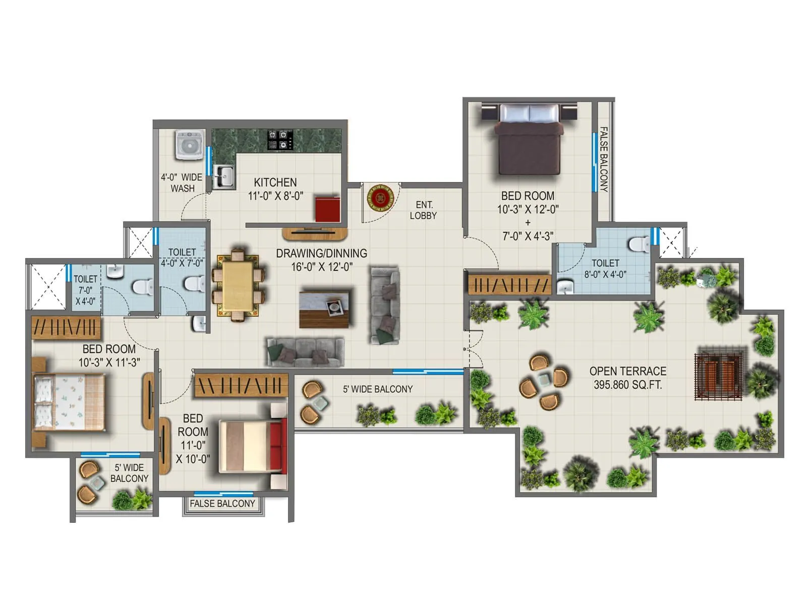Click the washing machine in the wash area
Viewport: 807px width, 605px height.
(x=190, y=145)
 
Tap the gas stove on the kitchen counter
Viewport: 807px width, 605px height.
(x=280, y=140)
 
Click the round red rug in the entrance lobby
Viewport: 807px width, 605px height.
(x=380, y=198)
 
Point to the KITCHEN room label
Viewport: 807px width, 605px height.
(x=275, y=183)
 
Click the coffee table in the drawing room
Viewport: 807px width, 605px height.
(x=324, y=308)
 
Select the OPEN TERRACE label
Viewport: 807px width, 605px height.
(x=627, y=372)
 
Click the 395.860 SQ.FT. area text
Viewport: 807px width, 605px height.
(x=627, y=385)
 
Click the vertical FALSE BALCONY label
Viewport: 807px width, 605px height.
(x=603, y=159)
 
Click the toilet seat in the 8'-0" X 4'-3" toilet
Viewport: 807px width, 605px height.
(x=639, y=244)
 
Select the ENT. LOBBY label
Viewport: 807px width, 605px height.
(x=423, y=210)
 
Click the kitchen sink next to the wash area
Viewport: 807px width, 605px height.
(x=223, y=177)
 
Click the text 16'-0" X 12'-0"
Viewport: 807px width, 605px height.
(x=321, y=267)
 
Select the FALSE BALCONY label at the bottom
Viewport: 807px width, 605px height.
(x=222, y=504)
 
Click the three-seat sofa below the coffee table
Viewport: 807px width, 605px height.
(x=306, y=352)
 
